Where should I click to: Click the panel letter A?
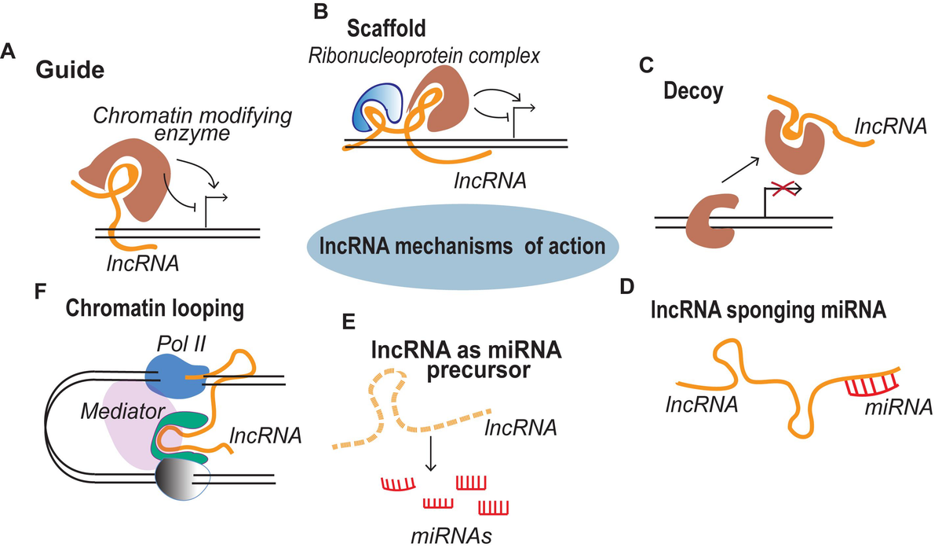point(8,52)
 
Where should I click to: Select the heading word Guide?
point(70,70)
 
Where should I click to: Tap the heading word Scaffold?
point(386,28)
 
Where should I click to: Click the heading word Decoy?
point(693,91)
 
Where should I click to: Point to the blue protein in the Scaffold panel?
point(374,105)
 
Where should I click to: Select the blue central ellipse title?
point(462,247)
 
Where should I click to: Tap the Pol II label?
point(181,344)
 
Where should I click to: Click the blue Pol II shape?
point(176,376)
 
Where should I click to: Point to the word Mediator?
point(122,411)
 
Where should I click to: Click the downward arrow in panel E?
point(431,454)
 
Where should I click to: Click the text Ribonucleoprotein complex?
point(424,56)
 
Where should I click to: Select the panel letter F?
point(40,291)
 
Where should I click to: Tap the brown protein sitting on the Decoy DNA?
point(711,220)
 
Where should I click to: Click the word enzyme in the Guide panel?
point(192,134)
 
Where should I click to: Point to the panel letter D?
point(627,287)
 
